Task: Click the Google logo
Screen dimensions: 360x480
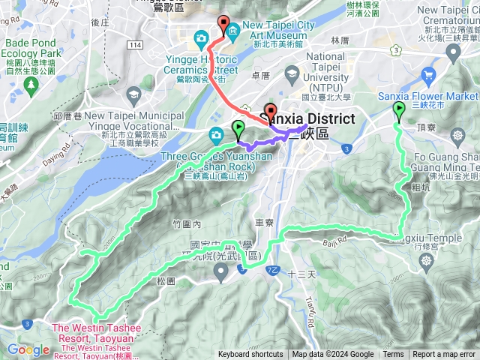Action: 28,349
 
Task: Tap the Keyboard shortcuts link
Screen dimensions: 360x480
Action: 250,355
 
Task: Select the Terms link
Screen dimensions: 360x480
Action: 393,355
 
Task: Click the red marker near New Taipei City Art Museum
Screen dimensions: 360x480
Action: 223,23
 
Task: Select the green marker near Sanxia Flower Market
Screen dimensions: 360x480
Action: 398,112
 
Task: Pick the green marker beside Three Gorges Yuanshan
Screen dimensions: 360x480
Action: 238,128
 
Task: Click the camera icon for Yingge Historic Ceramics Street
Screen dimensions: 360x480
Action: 201,37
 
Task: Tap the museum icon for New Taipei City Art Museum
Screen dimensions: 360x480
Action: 232,30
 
